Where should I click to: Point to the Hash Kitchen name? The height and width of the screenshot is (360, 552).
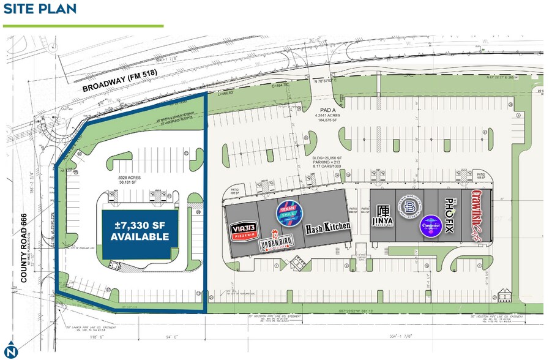pyautogui.click(x=329, y=227)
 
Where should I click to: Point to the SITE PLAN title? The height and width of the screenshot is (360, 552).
pyautogui.click(x=40, y=9)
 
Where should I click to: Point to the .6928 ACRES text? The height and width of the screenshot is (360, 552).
pyautogui.click(x=130, y=178)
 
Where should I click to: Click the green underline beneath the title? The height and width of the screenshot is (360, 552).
pyautogui.click(x=83, y=26)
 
